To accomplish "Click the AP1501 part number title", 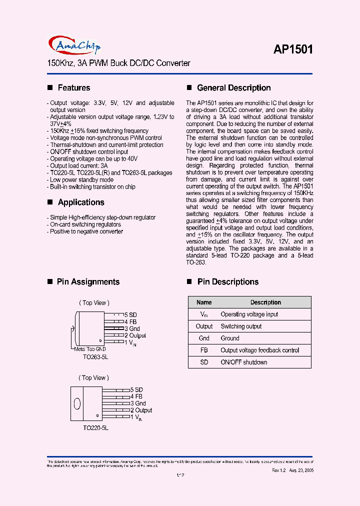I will click(293, 49).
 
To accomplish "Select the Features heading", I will click(73, 88).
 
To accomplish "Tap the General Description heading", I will click(233, 88).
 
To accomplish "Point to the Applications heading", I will click(80, 202).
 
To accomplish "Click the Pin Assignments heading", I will click(88, 282).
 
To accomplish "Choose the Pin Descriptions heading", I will click(227, 282).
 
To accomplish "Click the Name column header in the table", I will click(204, 302).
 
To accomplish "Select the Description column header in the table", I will click(265, 302).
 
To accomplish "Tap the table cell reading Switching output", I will click(241, 326).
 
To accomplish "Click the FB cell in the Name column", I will click(204, 350).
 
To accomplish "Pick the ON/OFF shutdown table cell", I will click(244, 362).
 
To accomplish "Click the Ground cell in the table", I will click(230, 338).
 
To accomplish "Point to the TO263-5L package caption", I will click(95, 357).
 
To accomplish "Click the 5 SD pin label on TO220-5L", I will click(136, 389).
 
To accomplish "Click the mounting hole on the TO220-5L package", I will click(77, 403).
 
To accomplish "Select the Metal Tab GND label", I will click(89, 349).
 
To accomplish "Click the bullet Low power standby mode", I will click(81, 180).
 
